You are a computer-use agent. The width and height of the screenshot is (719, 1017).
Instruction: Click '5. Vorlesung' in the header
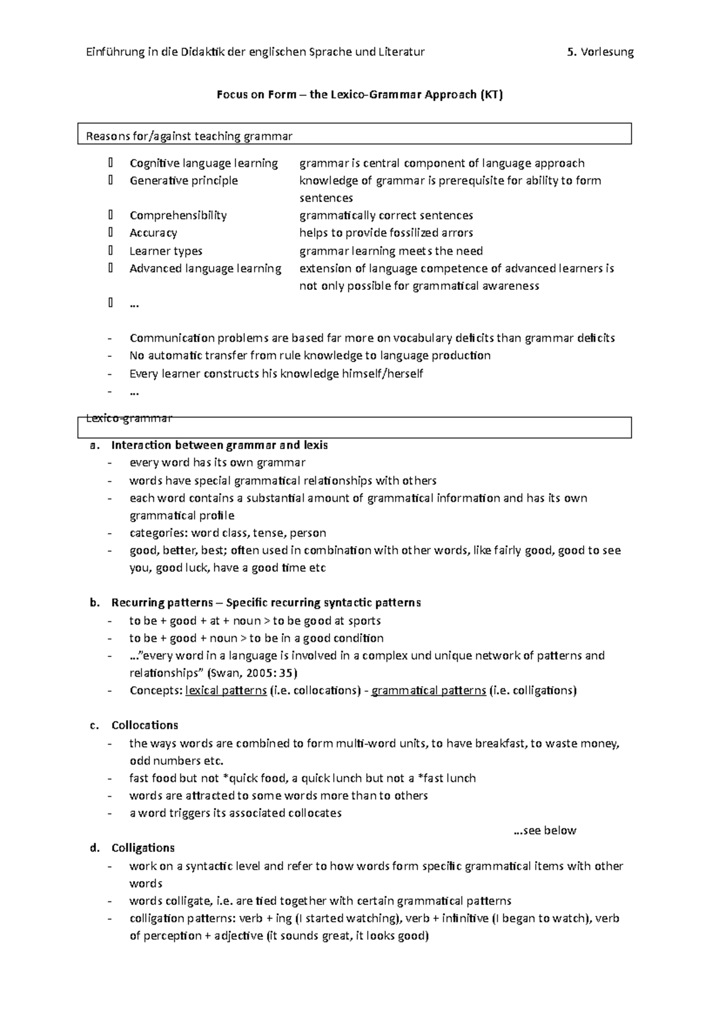pos(600,52)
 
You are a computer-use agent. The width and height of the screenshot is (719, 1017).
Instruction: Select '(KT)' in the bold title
pos(491,95)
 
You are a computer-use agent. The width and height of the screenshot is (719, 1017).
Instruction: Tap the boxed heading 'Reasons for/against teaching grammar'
pos(189,137)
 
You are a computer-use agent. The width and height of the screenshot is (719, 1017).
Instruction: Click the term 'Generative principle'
pos(183,181)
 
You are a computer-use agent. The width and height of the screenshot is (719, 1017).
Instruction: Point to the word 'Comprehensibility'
pos(178,216)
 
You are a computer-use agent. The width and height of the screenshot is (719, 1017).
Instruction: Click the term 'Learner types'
pos(166,251)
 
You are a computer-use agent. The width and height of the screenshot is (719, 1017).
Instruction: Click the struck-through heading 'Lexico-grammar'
pos(129,418)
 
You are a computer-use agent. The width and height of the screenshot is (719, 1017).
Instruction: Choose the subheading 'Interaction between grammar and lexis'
pos(219,446)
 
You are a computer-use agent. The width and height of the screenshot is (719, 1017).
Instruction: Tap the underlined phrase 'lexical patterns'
pos(226,691)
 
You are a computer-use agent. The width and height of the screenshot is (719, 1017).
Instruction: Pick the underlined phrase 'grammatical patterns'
pos(428,691)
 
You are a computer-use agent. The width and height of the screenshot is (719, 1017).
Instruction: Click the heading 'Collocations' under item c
pos(144,725)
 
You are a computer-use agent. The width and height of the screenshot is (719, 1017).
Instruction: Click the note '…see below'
pos(545,831)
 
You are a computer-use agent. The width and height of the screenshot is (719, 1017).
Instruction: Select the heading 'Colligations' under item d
pos(143,848)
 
